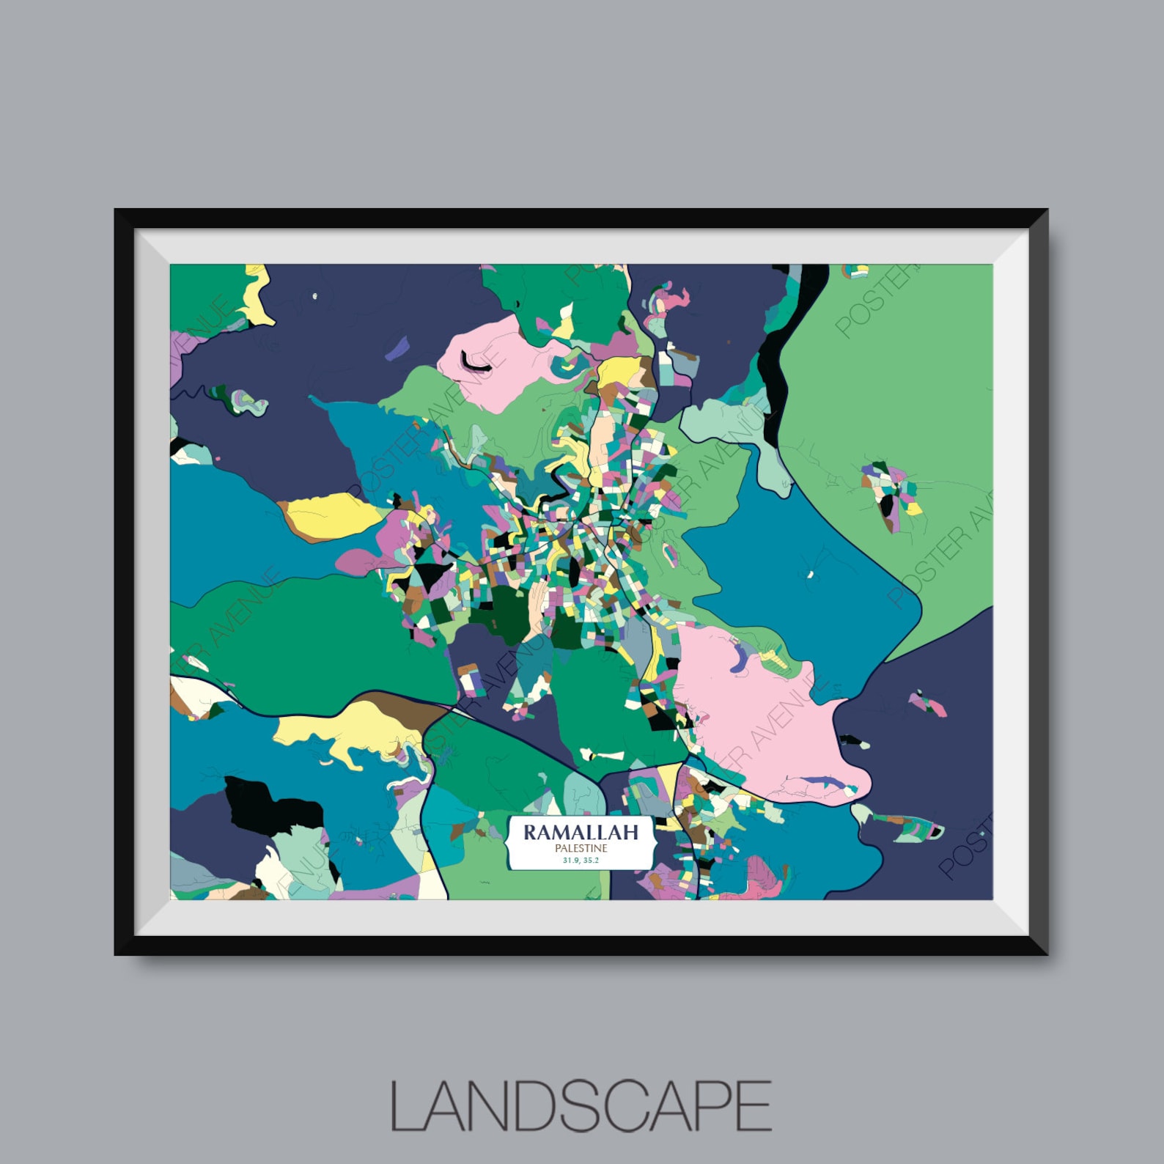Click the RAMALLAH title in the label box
(x=581, y=832)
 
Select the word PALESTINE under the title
(x=581, y=848)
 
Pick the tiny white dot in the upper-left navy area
(x=315, y=297)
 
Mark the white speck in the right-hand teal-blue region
(x=811, y=575)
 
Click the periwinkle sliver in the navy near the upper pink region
(x=397, y=347)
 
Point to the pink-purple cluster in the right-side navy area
(x=928, y=704)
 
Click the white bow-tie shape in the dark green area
(x=602, y=754)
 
